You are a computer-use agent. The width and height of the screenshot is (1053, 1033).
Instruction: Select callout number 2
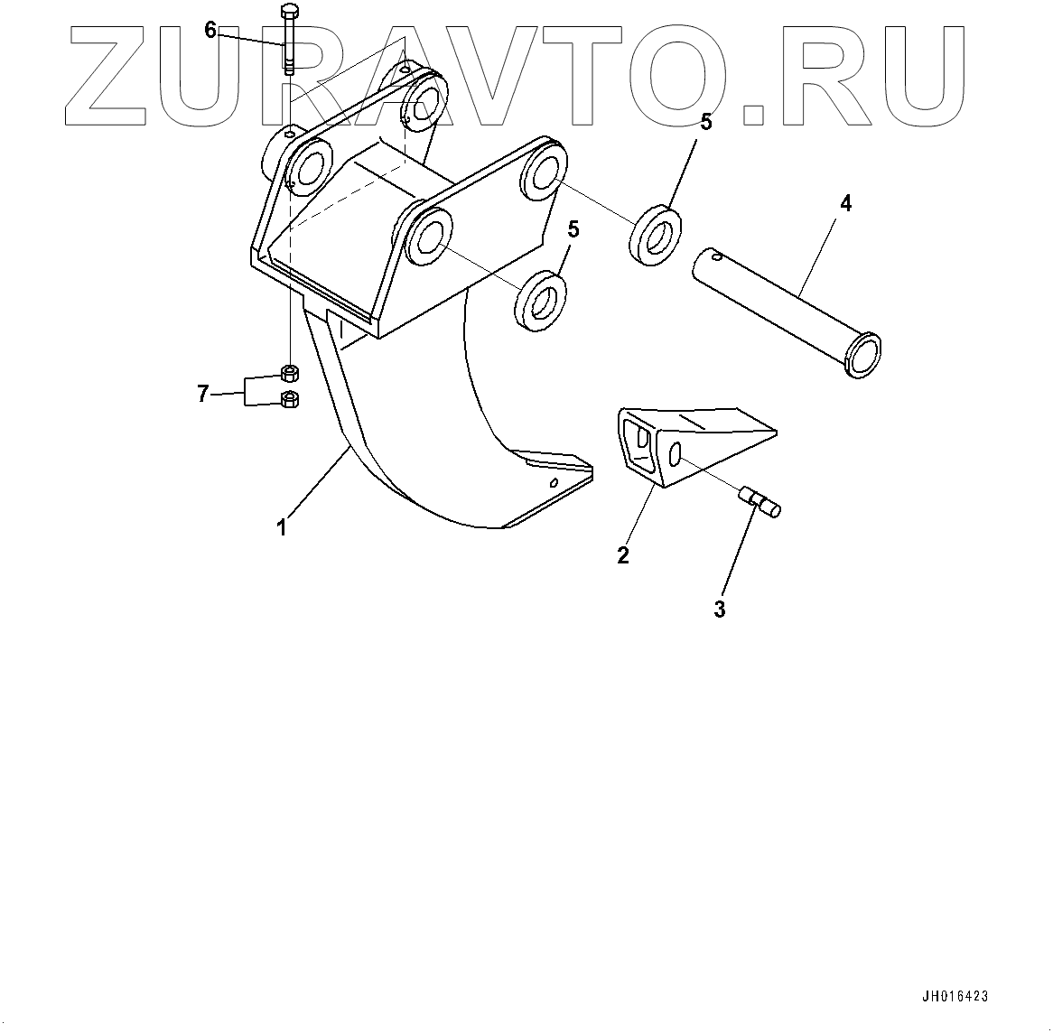click(x=623, y=554)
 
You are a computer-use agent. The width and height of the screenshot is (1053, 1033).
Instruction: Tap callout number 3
click(x=719, y=610)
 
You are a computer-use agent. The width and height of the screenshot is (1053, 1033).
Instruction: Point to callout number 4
click(x=845, y=204)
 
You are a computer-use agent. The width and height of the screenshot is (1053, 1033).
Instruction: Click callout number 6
click(x=210, y=31)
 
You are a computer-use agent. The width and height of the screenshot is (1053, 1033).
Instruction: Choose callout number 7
click(x=203, y=393)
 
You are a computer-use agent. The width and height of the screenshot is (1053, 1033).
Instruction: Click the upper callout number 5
click(x=706, y=123)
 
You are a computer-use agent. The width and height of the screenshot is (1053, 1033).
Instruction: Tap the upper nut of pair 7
click(x=290, y=373)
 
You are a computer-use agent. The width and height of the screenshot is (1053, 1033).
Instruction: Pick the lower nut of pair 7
click(x=290, y=398)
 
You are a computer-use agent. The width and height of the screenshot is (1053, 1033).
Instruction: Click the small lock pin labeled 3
click(x=761, y=501)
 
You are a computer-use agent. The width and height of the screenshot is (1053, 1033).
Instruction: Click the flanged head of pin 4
click(x=861, y=354)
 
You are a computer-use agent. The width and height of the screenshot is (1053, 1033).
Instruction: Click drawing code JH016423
click(x=955, y=997)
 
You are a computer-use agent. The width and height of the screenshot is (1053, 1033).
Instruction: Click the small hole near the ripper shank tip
click(x=553, y=483)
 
